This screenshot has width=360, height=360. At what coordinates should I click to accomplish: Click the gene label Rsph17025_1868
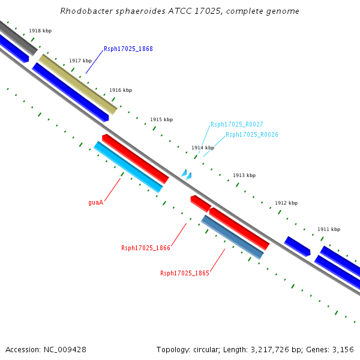(x=128, y=49)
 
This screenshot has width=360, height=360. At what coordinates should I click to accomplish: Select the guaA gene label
(x=96, y=202)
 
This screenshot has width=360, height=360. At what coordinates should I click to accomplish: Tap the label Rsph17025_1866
(x=146, y=248)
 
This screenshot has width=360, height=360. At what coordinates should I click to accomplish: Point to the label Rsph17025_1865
(x=185, y=273)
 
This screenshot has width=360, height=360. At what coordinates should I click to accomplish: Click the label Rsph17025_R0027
(x=236, y=125)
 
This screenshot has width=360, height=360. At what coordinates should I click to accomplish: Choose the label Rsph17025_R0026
(x=251, y=135)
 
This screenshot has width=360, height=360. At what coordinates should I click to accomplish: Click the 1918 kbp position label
(x=40, y=31)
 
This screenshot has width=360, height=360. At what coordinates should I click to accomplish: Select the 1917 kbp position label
(x=80, y=61)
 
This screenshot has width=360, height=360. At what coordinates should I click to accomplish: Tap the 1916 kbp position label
(x=121, y=90)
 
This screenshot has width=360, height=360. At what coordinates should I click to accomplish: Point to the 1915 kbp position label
(x=161, y=119)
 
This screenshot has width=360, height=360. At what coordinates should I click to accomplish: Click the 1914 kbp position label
(x=203, y=148)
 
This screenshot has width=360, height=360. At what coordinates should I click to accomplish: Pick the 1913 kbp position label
(x=244, y=175)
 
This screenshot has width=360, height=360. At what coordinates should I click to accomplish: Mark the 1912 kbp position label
(x=286, y=203)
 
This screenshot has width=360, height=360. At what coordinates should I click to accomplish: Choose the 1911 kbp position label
(x=329, y=229)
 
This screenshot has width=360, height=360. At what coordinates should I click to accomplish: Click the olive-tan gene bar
(x=78, y=85)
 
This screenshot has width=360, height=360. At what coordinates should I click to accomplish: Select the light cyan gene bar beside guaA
(x=128, y=167)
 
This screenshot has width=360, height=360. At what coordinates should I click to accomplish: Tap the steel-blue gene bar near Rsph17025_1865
(x=232, y=237)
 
